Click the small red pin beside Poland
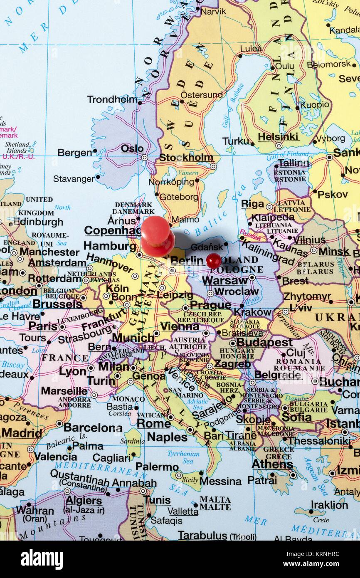(213, 261)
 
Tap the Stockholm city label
(186, 158)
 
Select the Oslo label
(132, 148)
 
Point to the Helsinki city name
(278, 137)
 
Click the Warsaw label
(225, 281)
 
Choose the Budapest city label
(264, 343)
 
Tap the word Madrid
(22, 433)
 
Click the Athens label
(272, 464)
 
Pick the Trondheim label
(112, 99)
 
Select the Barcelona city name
(93, 427)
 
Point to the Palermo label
(157, 467)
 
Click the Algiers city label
(84, 501)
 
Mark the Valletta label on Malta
(183, 511)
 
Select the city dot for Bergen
(95, 151)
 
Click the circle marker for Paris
(62, 327)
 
